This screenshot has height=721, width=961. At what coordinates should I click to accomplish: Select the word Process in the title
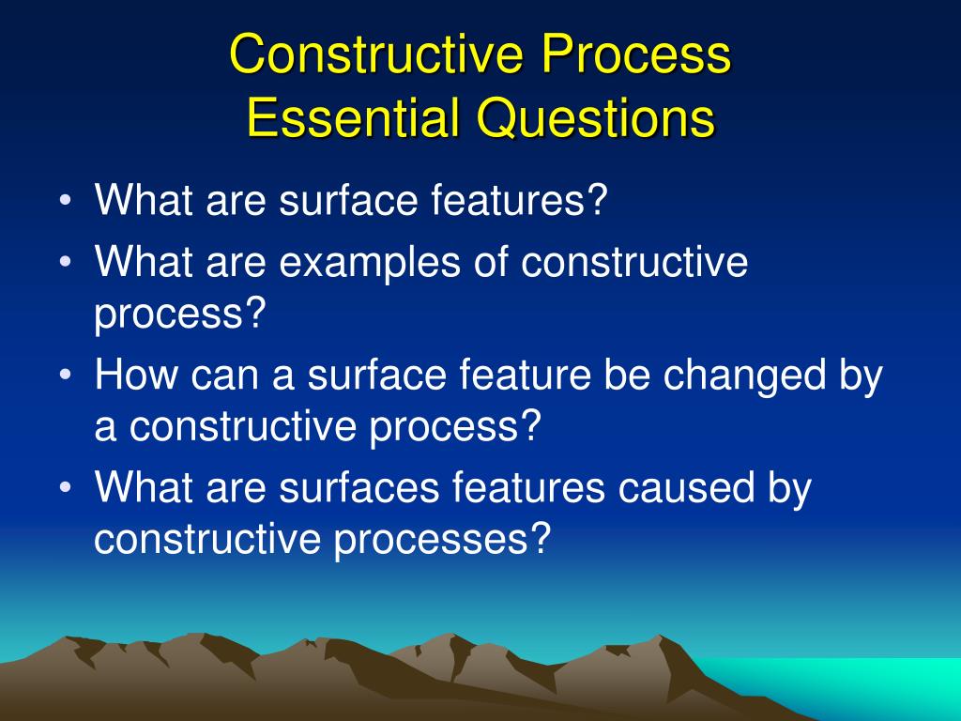[x=635, y=54]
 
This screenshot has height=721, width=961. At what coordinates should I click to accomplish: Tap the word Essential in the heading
[x=353, y=117]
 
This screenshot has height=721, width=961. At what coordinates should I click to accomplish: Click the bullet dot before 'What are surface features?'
[x=67, y=201]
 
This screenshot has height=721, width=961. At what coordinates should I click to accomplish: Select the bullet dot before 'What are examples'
[x=67, y=263]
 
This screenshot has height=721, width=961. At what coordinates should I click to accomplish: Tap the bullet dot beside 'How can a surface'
[x=67, y=375]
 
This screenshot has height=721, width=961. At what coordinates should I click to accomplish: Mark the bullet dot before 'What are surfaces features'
[x=67, y=488]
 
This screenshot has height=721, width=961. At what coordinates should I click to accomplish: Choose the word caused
[x=686, y=488]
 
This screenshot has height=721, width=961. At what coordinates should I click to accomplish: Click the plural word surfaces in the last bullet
[x=359, y=488]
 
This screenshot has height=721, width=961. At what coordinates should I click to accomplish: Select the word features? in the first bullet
[x=518, y=200]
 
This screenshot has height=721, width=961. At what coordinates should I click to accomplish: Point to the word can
[x=224, y=376]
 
